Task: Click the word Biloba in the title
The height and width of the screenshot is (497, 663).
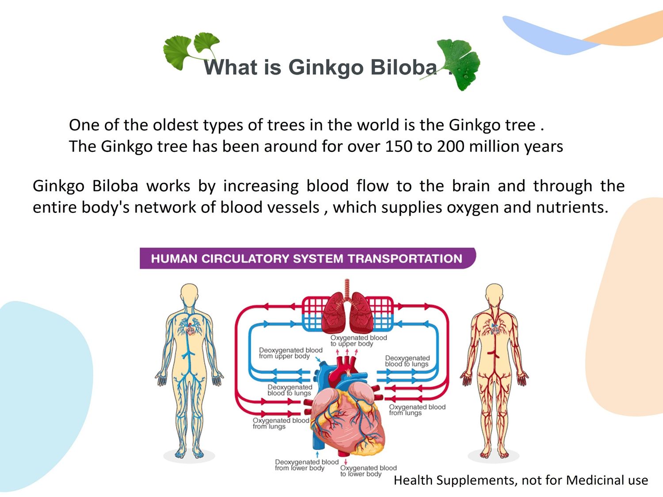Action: point(403,67)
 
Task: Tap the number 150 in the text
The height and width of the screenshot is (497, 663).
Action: point(398,146)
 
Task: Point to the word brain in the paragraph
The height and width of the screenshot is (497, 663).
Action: point(471,186)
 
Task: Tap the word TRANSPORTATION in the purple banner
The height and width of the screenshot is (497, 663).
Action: point(405,259)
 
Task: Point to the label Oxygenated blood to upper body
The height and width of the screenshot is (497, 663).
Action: point(358,341)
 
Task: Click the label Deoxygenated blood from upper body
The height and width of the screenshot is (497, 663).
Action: point(290,353)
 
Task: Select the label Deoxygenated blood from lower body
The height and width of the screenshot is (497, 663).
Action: point(307,465)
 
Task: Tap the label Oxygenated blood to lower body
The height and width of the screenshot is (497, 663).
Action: point(369,471)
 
